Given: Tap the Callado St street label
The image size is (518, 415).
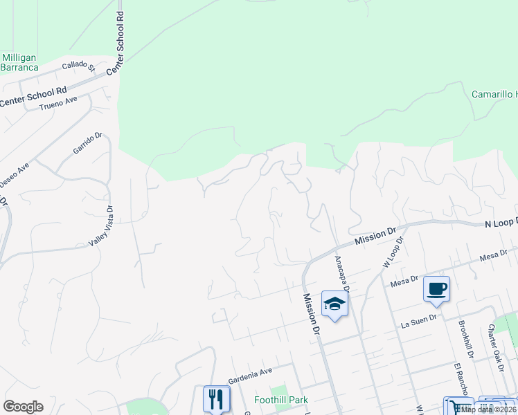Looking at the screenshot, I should (78, 66).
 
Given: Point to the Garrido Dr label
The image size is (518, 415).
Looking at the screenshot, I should (87, 143).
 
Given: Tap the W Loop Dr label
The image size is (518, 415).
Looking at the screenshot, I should (392, 254).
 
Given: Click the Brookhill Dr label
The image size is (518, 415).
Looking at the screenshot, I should (465, 339).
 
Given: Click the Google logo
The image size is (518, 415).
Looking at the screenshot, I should (23, 407).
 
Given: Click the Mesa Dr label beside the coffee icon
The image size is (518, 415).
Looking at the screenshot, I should (404, 279).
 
